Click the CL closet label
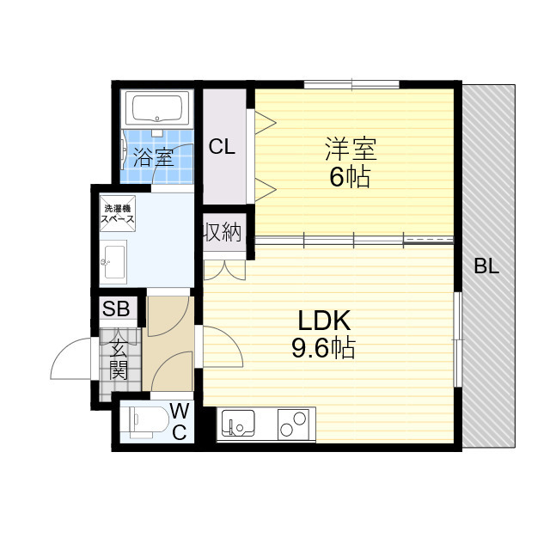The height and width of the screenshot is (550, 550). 222,147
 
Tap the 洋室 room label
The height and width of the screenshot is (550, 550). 351,149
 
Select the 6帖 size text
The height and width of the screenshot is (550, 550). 350,177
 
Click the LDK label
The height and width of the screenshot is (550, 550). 324,321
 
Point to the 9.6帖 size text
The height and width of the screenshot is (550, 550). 323,347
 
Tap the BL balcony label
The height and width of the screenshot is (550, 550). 486,266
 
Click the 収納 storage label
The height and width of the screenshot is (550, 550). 223,232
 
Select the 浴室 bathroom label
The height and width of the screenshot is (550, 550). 154,157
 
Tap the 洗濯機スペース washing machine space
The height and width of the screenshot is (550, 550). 118,214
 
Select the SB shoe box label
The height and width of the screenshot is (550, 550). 116,309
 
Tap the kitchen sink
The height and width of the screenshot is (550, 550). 238,423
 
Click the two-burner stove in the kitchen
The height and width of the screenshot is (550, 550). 294,424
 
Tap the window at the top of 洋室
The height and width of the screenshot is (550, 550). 351,84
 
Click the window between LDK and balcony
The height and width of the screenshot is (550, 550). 457,339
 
